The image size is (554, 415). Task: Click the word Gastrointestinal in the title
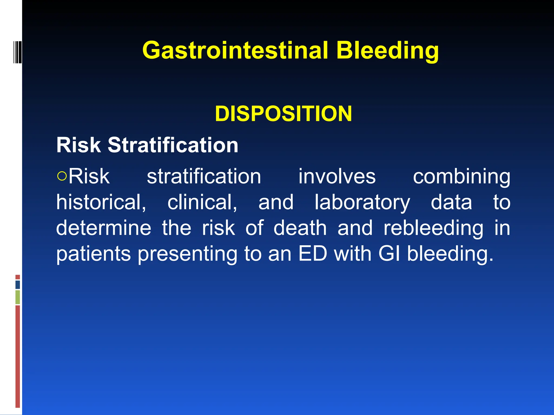pyautogui.click(x=235, y=51)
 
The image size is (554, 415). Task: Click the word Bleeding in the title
pyautogui.click(x=387, y=51)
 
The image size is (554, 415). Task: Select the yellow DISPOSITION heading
pyautogui.click(x=283, y=114)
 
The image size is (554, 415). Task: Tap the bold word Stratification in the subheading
pyautogui.click(x=173, y=145)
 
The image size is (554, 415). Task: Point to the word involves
pyautogui.click(x=337, y=176)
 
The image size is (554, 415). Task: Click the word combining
pyautogui.click(x=461, y=176)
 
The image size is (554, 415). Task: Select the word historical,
pyautogui.click(x=101, y=202)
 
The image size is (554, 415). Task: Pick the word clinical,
pyautogui.click(x=202, y=202)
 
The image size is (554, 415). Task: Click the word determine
pyautogui.click(x=103, y=228)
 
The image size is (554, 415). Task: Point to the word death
pyautogui.click(x=300, y=228)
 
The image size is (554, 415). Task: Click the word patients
pyautogui.click(x=93, y=254)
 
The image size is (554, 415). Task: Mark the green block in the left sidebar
pyautogui.click(x=18, y=297)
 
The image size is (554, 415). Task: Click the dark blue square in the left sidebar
pyautogui.click(x=18, y=285)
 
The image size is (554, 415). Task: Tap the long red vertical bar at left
pyautogui.click(x=18, y=356)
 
